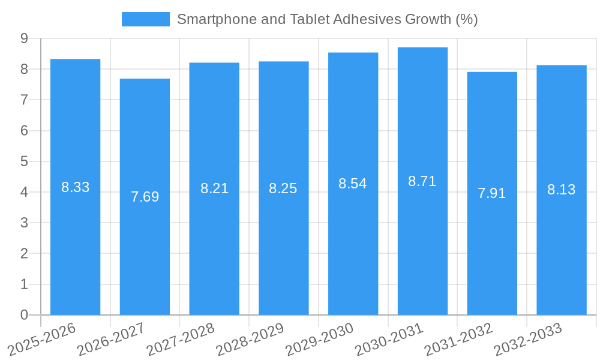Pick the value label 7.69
(x=145, y=197)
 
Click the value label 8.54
(x=353, y=184)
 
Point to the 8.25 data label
(x=283, y=188)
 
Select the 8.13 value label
(x=561, y=190)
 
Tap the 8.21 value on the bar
(x=214, y=188)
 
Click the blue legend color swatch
(x=145, y=19)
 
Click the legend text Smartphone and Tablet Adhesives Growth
(x=327, y=19)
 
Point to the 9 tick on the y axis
(x=24, y=38)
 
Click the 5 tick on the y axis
(x=24, y=161)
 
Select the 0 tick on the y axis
(x=24, y=315)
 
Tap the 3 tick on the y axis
(x=24, y=223)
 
